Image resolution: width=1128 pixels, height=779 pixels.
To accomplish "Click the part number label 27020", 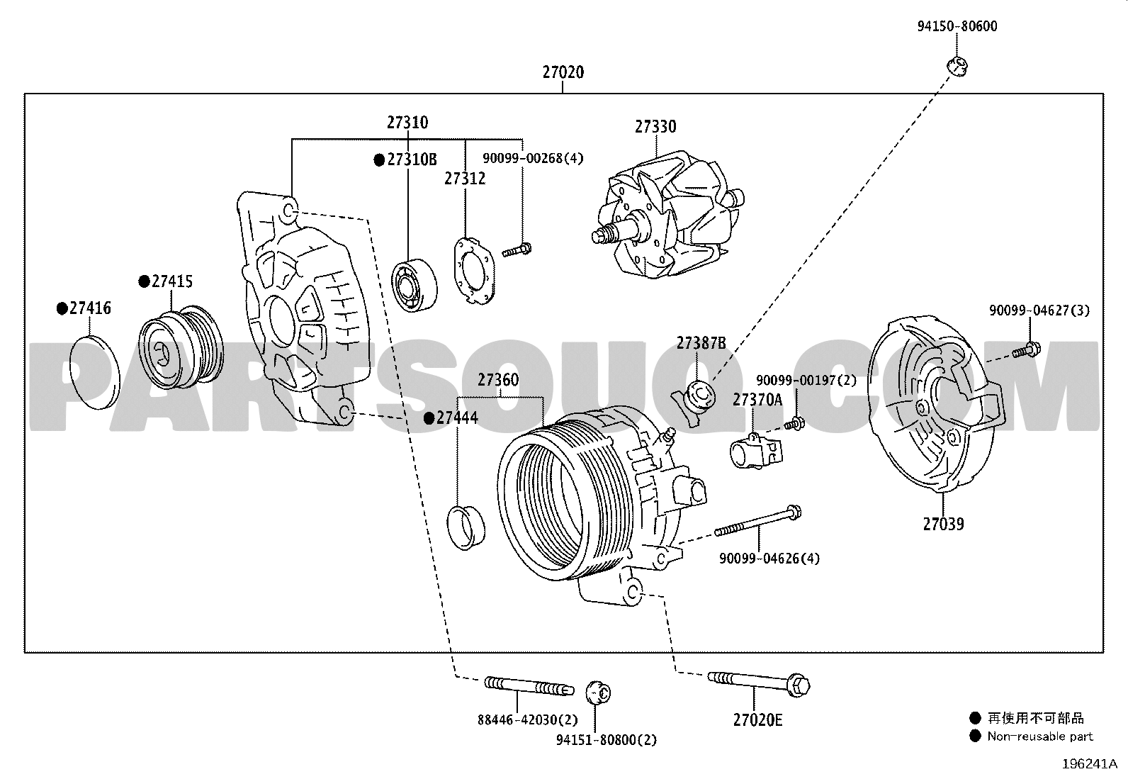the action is click(x=563, y=72).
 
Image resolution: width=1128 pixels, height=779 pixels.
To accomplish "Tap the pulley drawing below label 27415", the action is click(x=181, y=347).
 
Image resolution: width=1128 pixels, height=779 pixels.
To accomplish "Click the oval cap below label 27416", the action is click(x=94, y=372).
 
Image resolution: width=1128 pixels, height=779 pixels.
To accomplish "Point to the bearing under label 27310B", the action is click(x=414, y=285).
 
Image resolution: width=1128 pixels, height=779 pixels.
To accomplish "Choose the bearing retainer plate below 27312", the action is click(x=474, y=271).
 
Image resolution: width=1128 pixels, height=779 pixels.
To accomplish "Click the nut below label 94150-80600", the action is click(x=957, y=67).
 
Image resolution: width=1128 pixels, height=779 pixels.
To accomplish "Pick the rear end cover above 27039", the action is click(x=935, y=405).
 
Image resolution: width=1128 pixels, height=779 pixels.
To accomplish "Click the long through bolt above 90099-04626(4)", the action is click(x=758, y=522).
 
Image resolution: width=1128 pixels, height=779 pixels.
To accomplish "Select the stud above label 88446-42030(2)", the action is click(x=529, y=685).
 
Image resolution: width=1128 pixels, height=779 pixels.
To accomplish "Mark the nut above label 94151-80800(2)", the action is click(x=598, y=693).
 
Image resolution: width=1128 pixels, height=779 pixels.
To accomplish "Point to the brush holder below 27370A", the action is click(x=756, y=451).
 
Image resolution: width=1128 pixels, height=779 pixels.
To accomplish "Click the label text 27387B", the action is click(x=701, y=343).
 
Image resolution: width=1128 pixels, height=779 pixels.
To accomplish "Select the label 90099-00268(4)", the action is click(x=533, y=158).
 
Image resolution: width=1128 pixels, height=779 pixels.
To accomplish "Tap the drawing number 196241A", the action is click(x=1090, y=764).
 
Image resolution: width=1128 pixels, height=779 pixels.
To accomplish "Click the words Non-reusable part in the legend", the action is click(x=1040, y=736).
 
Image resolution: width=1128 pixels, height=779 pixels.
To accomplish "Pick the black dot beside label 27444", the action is click(x=429, y=418).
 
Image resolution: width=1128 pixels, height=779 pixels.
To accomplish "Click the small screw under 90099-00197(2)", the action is click(x=795, y=425).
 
